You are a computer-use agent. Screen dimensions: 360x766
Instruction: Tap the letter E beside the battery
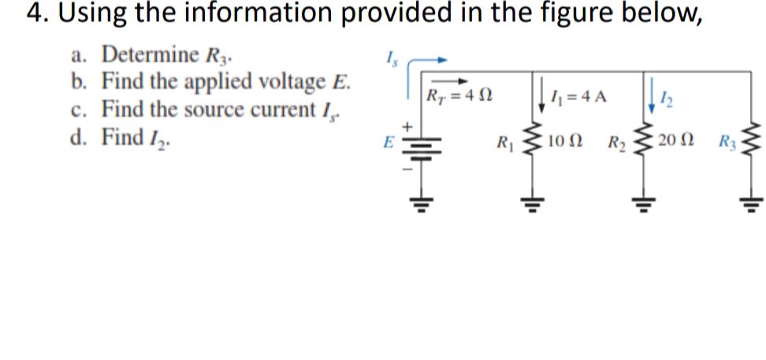coord(386,146)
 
